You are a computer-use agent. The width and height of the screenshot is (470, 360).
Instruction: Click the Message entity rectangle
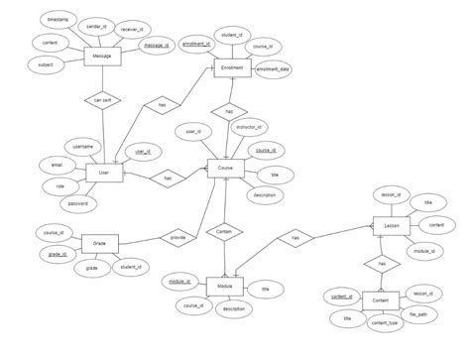coord(102,58)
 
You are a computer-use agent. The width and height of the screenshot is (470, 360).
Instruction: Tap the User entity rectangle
coord(103,174)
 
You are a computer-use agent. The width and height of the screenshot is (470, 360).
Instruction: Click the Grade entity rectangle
coord(99,243)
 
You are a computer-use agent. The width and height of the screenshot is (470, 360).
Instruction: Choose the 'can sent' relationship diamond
coord(102,100)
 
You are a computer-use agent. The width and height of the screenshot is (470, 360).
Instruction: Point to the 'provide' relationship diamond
coord(178,238)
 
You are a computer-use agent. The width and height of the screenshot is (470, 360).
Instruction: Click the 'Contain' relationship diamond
coord(224,231)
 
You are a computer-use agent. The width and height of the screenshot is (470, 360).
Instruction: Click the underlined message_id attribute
coord(156,46)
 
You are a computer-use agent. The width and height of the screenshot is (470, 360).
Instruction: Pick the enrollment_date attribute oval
coord(273,70)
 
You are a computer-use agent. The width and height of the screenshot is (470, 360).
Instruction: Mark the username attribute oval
coord(82,147)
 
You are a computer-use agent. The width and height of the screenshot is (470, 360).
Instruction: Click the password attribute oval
coord(77,204)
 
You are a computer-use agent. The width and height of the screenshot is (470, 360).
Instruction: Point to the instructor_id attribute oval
coord(249,128)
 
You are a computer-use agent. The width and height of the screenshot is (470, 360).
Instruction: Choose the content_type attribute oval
coord(386,322)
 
